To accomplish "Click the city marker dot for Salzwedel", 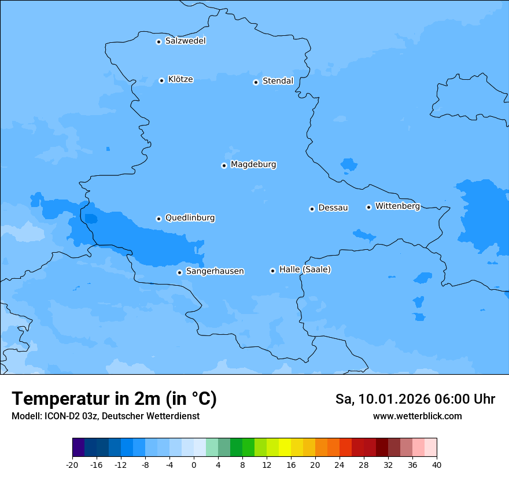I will tap(158, 42).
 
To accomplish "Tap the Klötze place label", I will tap(180, 79).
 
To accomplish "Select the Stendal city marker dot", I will tap(256, 82).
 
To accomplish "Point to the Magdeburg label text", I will tap(253, 164).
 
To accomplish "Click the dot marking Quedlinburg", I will tap(158, 219).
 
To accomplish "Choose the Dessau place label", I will tap(333, 208).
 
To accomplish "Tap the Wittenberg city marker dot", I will tap(368, 207).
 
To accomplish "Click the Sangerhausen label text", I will tap(215, 271).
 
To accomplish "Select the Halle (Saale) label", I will tap(305, 269).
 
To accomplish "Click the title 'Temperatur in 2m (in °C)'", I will tap(114, 399).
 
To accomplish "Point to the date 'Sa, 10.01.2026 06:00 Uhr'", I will tap(415, 399).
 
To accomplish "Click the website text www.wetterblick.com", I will tap(417, 416).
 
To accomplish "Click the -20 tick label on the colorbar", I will tap(72, 464).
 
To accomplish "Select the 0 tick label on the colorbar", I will tap(194, 464).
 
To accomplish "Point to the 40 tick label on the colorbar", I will tap(436, 464).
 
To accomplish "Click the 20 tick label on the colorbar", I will tap(315, 464).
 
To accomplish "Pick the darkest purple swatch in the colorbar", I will tap(79, 448).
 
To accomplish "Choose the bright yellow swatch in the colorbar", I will tap(285, 448).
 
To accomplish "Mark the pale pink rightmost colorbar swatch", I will tap(430, 448).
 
